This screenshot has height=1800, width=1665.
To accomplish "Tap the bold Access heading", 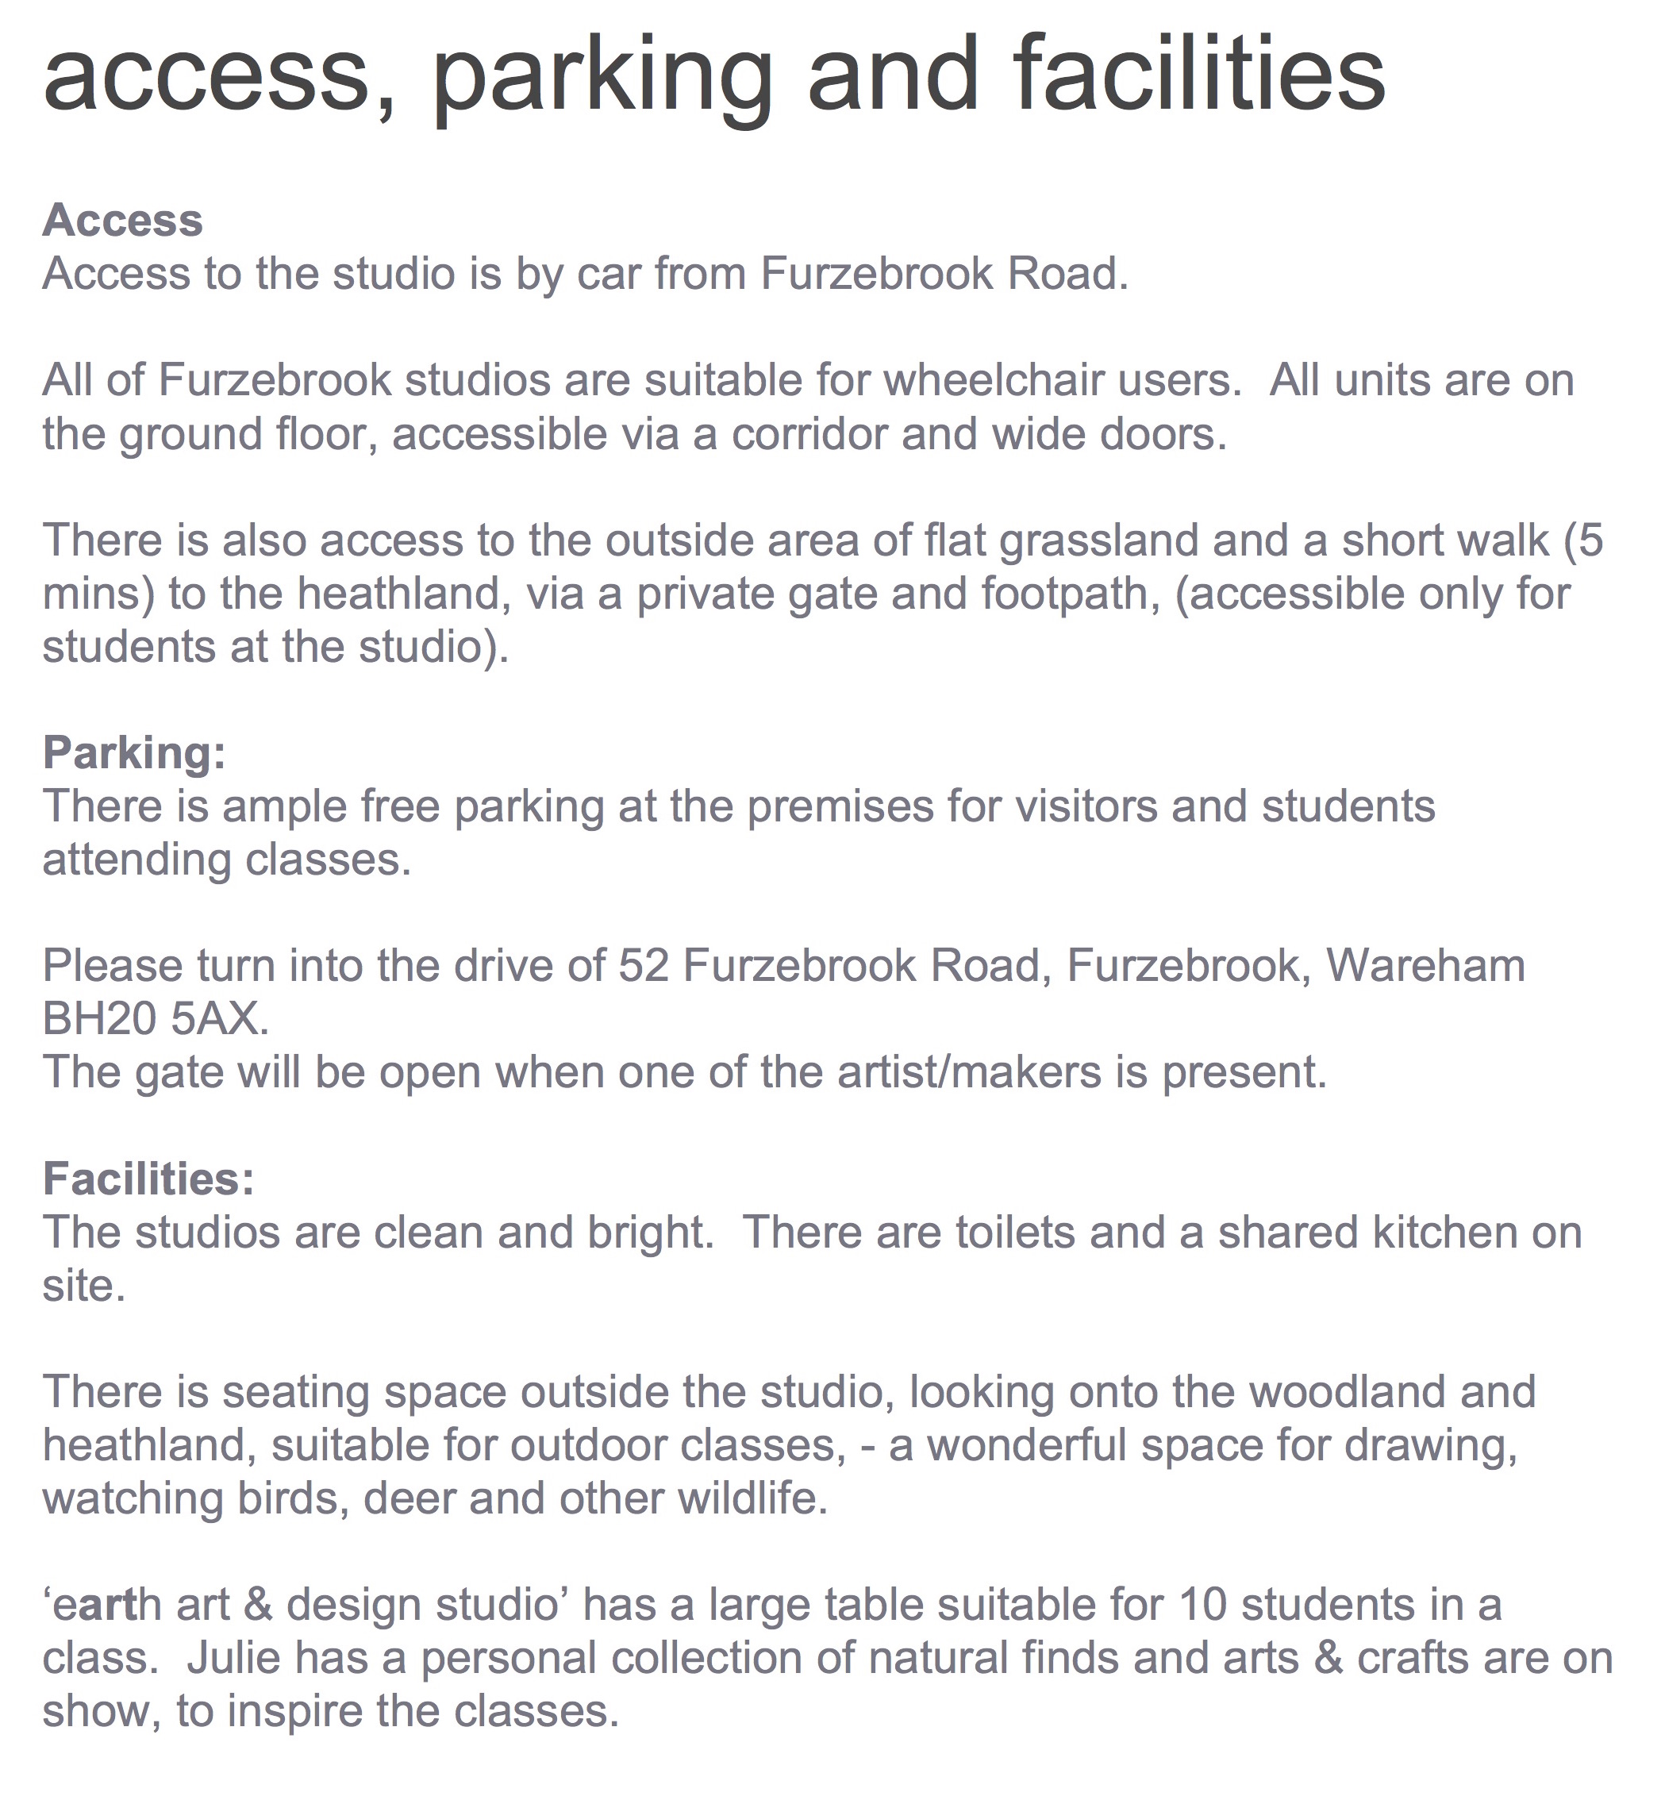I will tap(122, 220).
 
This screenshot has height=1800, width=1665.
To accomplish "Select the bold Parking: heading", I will tap(133, 752).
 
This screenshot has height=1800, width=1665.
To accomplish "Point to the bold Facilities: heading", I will tap(148, 1179).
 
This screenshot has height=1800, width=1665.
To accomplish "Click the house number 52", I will tap(644, 966).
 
